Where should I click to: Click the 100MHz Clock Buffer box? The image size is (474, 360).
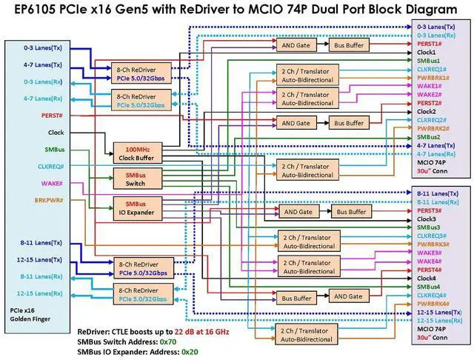coord(138,153)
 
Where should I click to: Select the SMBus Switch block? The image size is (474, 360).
coord(138,179)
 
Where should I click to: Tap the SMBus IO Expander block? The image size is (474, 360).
coord(138,208)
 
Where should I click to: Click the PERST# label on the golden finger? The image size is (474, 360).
coord(52,116)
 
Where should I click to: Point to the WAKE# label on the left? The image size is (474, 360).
coord(52,184)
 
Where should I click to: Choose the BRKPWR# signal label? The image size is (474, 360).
coord(49,200)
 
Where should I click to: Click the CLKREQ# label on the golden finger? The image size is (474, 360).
coord(50,167)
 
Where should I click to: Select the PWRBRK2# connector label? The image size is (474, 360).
coord(433,128)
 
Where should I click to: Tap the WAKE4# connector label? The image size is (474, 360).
coord(429,261)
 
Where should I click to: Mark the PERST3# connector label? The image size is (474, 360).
coord(429,210)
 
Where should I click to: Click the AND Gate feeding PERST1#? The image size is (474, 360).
coord(296,45)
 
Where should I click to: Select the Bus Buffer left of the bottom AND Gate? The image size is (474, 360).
coord(296,299)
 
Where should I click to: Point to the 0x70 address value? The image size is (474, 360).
coord(168,342)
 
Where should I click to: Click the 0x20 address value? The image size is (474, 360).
coord(190,352)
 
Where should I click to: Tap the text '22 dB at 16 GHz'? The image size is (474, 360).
coord(201,332)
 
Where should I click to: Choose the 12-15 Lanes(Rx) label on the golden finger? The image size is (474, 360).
coord(39,293)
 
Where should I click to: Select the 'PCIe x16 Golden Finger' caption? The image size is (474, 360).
coord(30,315)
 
